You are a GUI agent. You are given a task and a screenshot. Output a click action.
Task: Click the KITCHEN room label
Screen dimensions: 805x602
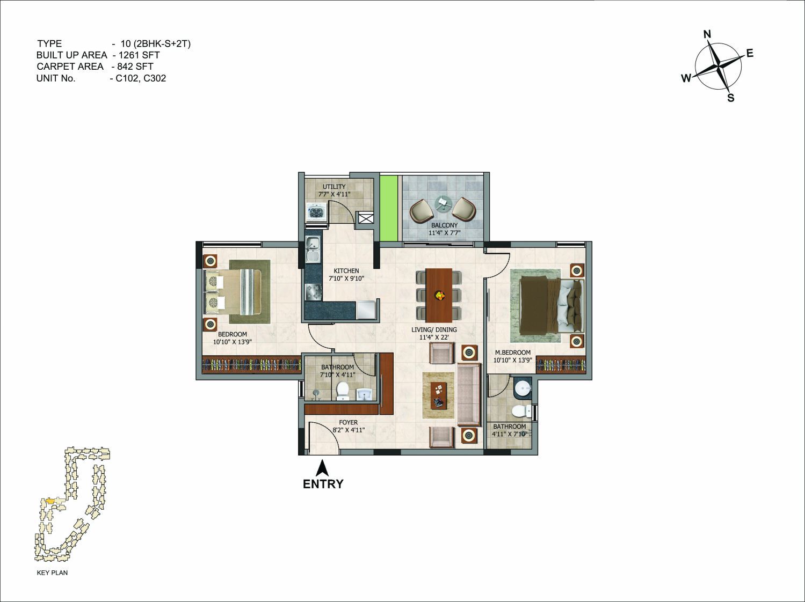pos(346,271)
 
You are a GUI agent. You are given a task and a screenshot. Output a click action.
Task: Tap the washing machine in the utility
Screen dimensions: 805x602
pos(316,212)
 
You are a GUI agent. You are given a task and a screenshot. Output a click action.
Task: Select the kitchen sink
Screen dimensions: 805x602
pos(313,249)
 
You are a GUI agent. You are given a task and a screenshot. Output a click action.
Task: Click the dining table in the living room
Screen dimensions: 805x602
pos(439,295)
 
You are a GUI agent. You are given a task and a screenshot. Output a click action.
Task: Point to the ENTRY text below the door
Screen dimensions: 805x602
pos(323,484)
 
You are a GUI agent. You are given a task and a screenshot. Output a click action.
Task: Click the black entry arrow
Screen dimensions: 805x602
pos(322,468)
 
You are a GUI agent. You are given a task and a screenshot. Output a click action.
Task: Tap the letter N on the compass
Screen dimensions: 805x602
pos(707,34)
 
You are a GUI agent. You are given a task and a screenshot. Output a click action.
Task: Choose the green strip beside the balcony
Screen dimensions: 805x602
pos(388,209)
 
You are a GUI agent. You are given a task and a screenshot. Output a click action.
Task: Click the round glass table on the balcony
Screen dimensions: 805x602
pos(444,203)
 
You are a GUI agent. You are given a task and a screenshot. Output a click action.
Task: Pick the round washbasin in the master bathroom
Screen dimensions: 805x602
pos(523,388)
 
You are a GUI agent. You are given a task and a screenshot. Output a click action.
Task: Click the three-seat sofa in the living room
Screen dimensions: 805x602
pos(469,394)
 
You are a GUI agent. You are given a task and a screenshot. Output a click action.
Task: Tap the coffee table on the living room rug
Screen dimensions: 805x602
pos(439,395)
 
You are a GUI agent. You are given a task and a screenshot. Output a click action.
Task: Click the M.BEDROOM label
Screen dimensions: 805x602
pos(512,353)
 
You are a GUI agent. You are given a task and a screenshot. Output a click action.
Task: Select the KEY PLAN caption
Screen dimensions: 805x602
pos(52,572)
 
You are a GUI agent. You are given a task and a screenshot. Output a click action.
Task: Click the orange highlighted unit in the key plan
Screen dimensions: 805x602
pos(50,501)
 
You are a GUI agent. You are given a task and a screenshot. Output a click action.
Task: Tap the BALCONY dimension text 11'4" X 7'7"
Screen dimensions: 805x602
pos(444,233)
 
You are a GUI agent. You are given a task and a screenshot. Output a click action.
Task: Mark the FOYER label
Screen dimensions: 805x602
pos(348,422)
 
